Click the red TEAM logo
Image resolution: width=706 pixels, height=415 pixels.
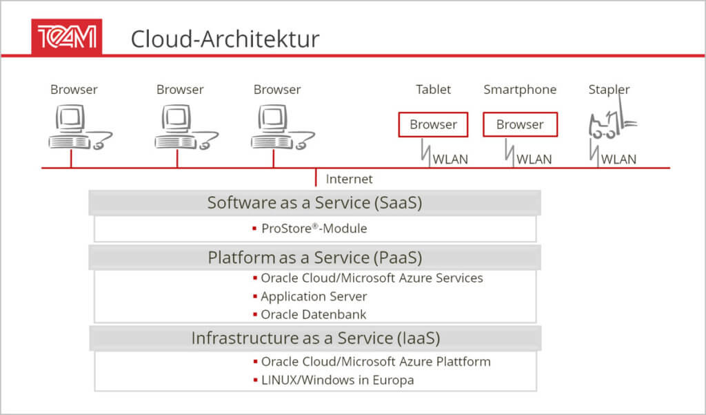click(x=67, y=37)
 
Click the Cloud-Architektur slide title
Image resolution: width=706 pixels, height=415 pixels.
click(x=225, y=39)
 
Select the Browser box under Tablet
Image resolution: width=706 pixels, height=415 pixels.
click(x=433, y=124)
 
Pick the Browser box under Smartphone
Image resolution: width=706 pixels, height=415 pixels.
click(x=520, y=124)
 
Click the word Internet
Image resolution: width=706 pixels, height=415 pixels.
click(x=349, y=179)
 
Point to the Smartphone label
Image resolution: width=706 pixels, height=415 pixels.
click(x=520, y=90)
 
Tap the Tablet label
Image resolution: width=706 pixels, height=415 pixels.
click(x=433, y=89)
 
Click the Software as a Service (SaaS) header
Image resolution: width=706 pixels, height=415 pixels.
click(x=314, y=202)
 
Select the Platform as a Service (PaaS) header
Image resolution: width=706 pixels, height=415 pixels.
click(x=314, y=258)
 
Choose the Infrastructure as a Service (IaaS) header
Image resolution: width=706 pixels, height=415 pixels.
click(x=315, y=338)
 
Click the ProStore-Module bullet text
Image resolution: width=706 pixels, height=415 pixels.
click(x=314, y=229)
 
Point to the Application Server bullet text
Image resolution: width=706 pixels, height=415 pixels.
click(x=314, y=296)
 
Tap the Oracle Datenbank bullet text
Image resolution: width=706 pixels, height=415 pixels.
click(x=314, y=314)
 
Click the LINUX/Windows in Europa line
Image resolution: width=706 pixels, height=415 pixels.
click(x=338, y=380)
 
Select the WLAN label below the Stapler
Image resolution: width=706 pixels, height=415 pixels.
click(x=618, y=160)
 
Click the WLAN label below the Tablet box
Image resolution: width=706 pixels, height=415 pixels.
click(x=450, y=160)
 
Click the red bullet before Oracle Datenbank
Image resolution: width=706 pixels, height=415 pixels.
click(x=255, y=314)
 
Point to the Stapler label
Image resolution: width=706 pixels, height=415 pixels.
click(x=609, y=90)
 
